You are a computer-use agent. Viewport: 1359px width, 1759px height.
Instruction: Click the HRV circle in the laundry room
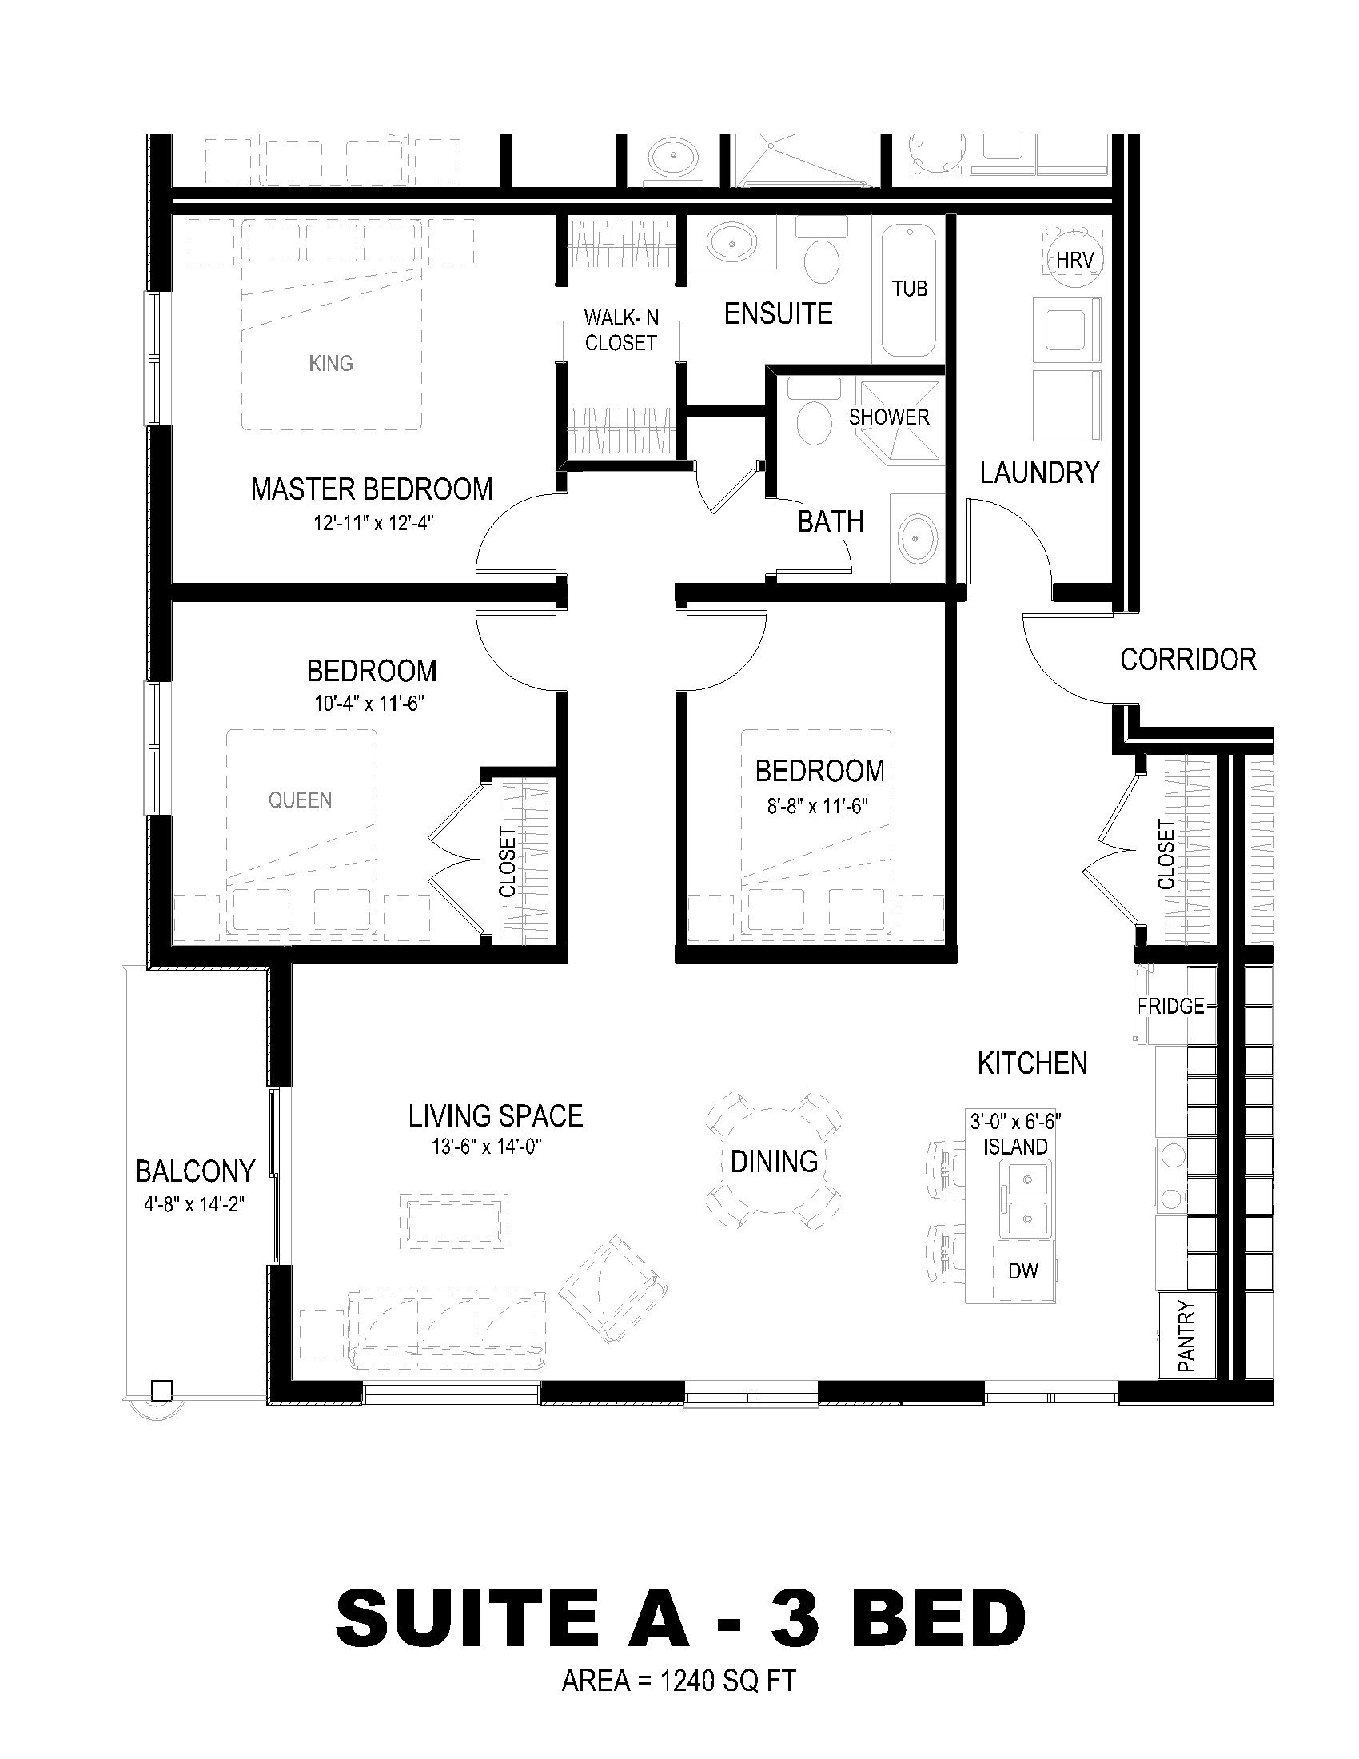pos(1074,259)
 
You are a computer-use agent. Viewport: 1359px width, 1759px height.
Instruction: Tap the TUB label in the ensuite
pos(909,289)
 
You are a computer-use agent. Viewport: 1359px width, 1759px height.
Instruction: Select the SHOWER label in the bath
pos(889,417)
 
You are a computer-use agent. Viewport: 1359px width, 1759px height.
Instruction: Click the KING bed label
pos(331,363)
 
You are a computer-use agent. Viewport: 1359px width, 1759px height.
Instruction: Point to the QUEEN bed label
pos(301,800)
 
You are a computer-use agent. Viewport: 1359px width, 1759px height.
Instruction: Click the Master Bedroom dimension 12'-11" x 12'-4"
pos(373,523)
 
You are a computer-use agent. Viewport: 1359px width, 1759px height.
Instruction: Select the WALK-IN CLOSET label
pos(620,329)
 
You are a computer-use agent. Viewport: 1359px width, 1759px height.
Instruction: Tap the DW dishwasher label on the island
pos(1023,1271)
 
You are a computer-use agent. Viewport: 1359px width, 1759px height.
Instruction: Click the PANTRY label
pos(1187,1336)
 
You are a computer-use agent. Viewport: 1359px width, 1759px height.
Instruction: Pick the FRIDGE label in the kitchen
pos(1171,1006)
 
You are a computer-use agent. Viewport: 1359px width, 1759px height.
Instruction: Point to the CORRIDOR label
pos(1187,660)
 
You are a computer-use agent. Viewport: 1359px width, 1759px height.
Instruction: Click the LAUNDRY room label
pos(1039,472)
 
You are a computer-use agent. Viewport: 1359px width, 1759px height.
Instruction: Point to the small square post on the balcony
pos(161,1390)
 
